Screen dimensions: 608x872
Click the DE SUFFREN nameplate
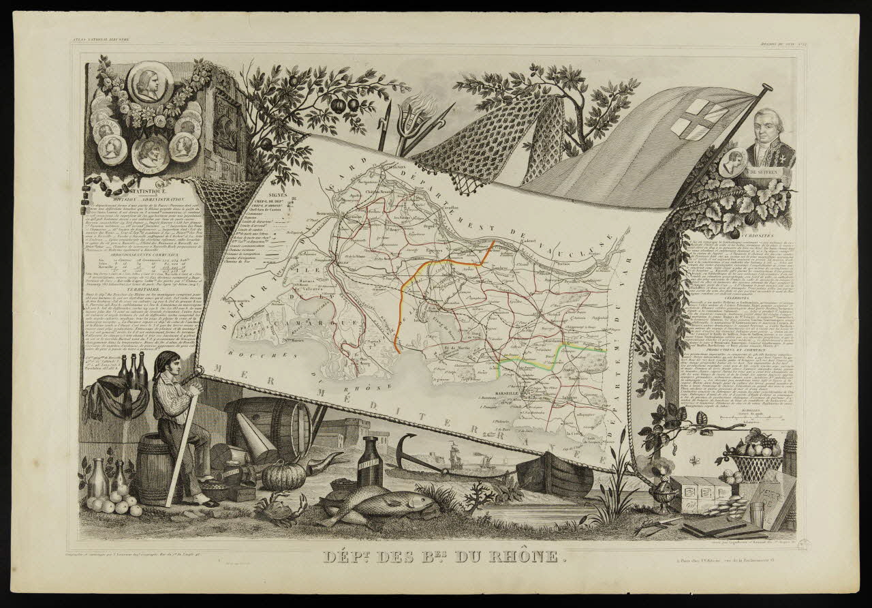pos(769,172)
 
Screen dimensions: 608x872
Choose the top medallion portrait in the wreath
pos(149,82)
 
